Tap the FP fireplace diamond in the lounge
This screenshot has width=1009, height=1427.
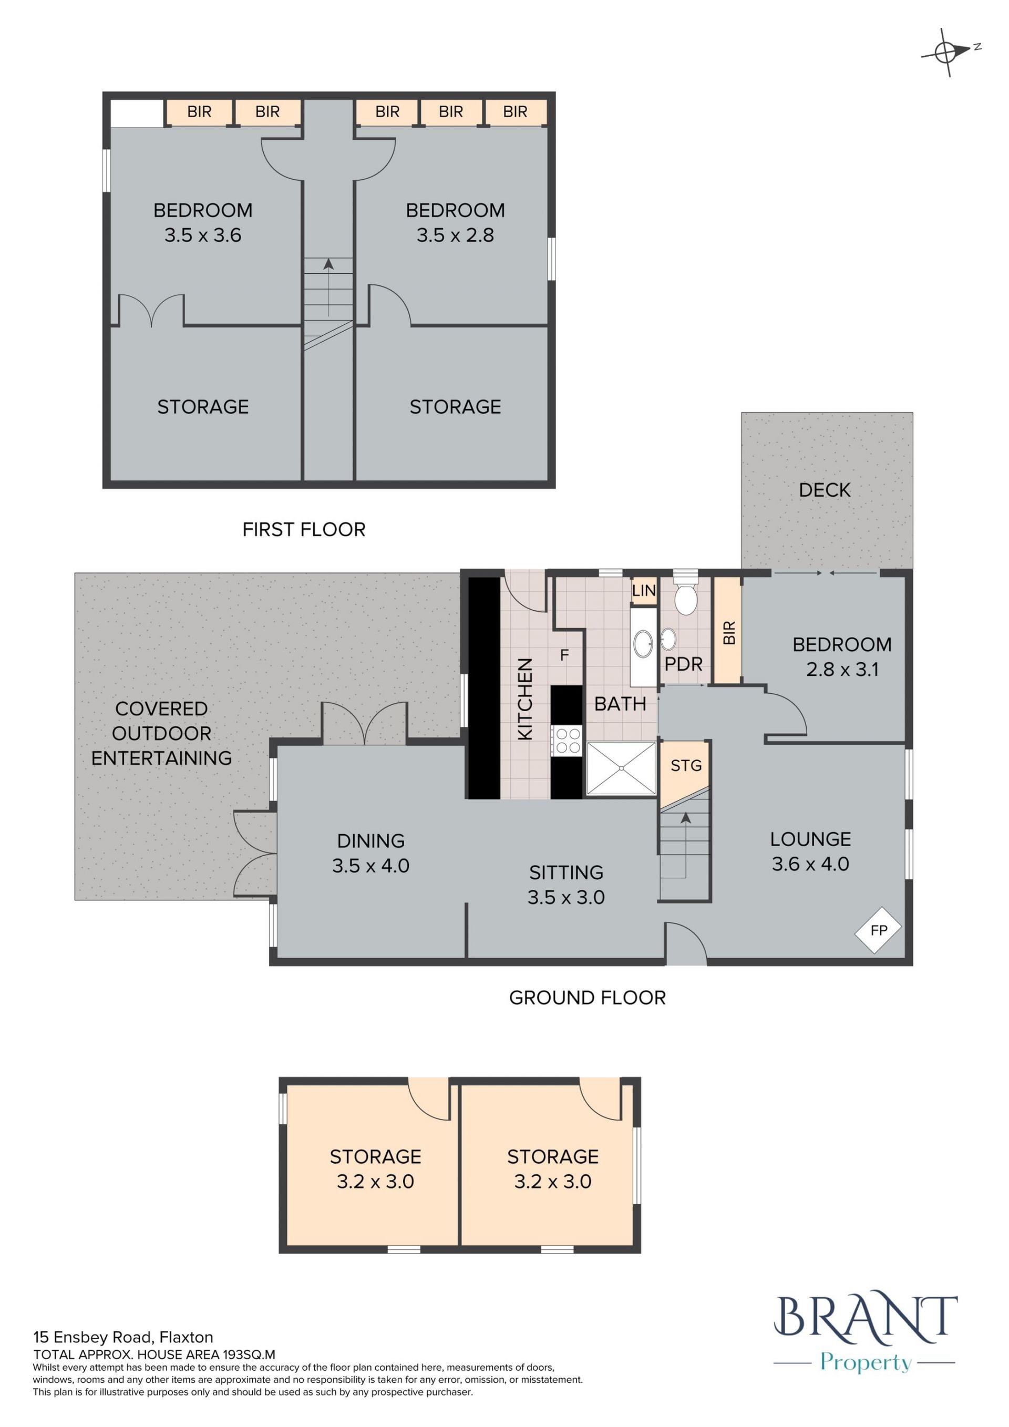coord(878,930)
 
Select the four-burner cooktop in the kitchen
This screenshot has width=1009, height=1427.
coord(567,740)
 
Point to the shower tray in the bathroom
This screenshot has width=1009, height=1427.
coord(621,768)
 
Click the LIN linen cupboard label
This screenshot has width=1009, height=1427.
coord(644,590)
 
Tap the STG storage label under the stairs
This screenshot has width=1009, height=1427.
coord(686,766)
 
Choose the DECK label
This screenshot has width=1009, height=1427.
coord(825,490)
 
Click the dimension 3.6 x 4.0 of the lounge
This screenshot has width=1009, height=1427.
coord(810,864)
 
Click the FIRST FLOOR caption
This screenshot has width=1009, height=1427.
coord(304,529)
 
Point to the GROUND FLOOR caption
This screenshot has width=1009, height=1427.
coord(587,998)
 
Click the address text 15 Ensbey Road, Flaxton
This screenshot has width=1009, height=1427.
coord(123,1337)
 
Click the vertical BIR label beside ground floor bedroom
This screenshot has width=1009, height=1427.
coord(729,633)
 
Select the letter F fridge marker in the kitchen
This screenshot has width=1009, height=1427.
coord(564,655)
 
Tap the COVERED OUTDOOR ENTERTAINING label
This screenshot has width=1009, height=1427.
coord(161,733)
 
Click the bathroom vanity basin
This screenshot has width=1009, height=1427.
coord(643,644)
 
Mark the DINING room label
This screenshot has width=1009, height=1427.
coord(371,841)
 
